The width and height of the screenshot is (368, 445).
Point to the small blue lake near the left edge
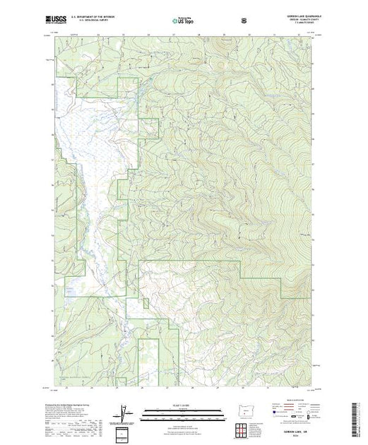[69, 290]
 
